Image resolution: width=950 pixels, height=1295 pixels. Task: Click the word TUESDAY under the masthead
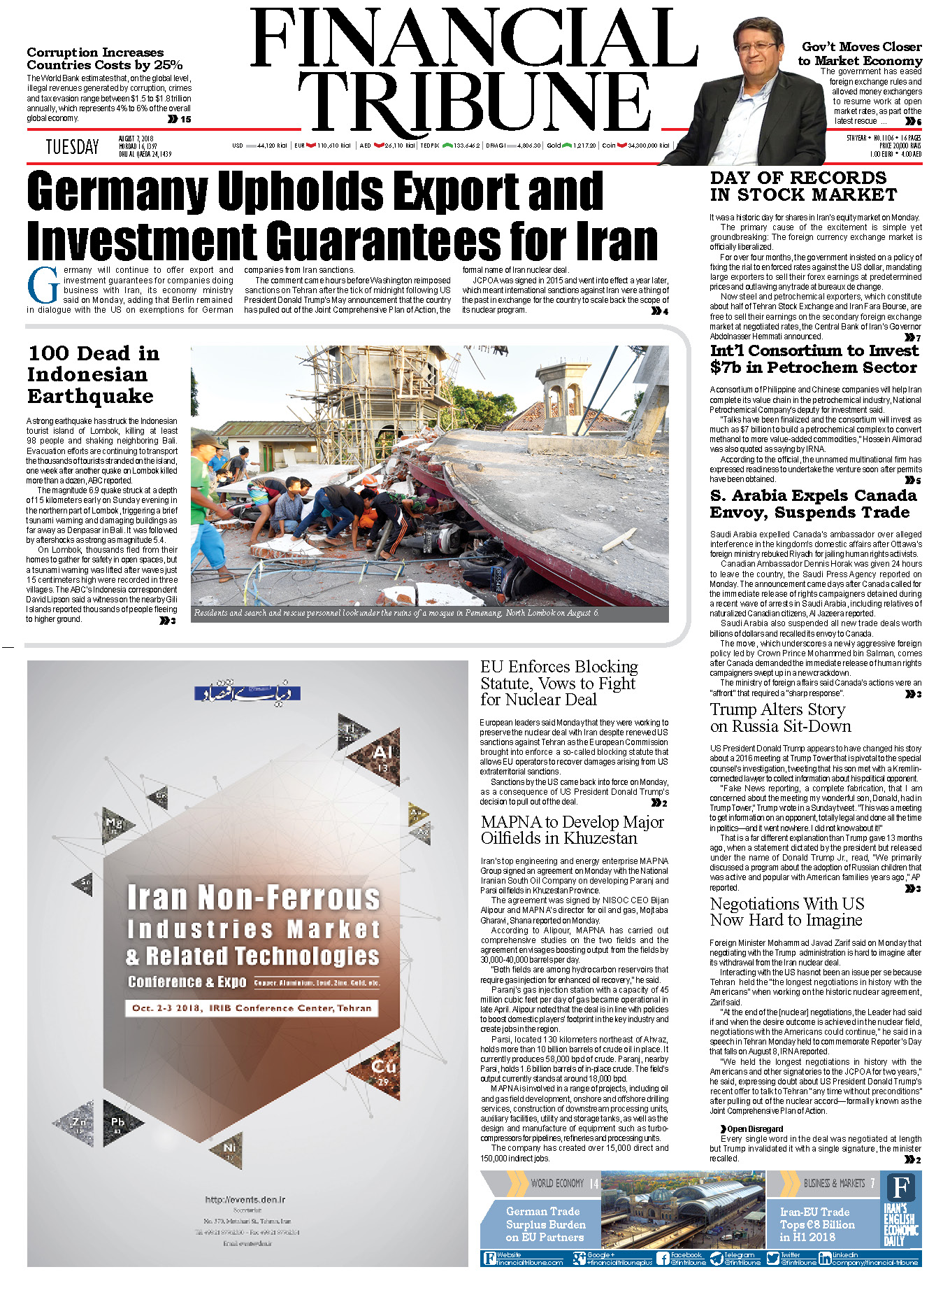72,147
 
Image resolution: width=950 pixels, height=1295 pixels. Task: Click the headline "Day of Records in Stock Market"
803,187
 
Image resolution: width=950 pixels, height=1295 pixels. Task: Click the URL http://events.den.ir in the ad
245,1199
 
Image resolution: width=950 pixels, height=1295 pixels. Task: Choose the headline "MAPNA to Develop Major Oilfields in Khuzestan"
572,830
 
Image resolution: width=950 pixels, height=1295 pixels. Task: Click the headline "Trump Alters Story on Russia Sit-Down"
780,718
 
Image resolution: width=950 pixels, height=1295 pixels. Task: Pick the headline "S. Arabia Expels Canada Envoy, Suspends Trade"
812,504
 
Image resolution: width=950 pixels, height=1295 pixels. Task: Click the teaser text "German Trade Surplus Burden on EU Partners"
545,1224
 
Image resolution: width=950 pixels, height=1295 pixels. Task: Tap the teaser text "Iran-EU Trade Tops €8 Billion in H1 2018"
816,1224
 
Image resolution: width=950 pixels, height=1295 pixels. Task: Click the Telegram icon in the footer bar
716,1259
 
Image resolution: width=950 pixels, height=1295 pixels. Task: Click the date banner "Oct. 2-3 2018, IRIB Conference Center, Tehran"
252,1008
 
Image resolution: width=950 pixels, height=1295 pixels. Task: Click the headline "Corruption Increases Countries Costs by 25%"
105,59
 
